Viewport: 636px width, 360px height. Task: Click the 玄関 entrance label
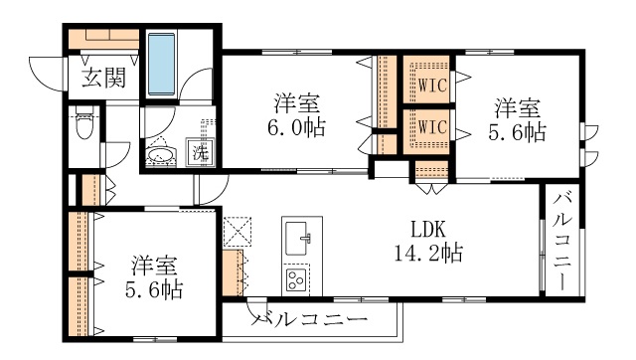pos(104,78)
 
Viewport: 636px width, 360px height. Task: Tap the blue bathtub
pos(161,65)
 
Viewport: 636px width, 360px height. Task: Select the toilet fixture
pos(84,121)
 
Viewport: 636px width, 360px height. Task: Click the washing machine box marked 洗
pos(200,152)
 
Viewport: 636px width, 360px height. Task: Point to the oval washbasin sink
pos(161,154)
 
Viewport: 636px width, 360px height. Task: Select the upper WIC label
pos(432,86)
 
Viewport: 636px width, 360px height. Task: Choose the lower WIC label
pos(432,127)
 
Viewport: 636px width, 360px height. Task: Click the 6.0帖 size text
pos(296,128)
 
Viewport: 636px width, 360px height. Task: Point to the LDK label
pos(428,230)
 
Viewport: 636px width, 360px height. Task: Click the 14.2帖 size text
pos(429,254)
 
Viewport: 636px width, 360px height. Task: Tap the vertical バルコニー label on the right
pos(562,242)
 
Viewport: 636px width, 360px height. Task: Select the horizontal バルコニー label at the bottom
pos(309,319)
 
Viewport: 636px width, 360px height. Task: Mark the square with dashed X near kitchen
pos(238,232)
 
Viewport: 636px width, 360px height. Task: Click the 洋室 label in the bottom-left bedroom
pos(154,266)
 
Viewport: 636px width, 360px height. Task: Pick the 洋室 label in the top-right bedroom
pos(518,108)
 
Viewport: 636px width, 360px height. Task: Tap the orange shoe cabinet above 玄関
pos(103,39)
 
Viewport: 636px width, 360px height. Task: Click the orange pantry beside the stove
pos(233,272)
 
